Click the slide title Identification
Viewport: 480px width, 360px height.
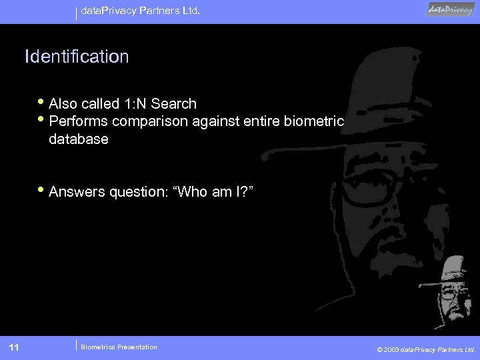77,57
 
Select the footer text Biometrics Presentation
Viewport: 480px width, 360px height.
119,347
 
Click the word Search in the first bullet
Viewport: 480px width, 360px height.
173,104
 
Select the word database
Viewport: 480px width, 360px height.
79,140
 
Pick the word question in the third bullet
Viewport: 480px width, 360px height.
137,192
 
